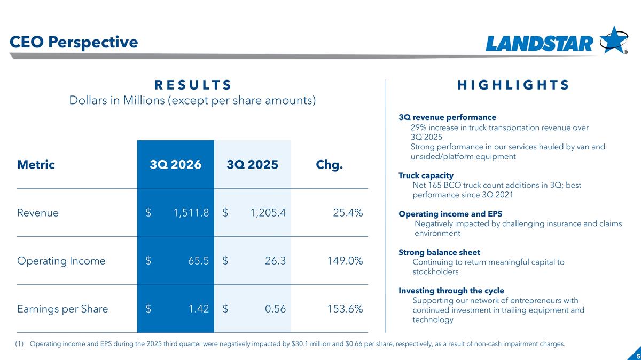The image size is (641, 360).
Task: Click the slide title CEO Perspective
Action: point(74,42)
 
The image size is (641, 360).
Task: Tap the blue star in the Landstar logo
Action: point(613,41)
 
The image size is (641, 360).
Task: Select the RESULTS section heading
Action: point(193,85)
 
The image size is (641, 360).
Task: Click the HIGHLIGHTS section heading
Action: point(513,85)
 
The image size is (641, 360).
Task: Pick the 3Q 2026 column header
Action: point(175,165)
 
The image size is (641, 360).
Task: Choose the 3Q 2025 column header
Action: point(252,165)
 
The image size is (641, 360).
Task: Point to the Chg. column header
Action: point(329,165)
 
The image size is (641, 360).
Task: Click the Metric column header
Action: point(36,165)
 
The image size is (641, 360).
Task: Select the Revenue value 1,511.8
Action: point(191,213)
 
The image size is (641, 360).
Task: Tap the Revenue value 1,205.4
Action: point(268,213)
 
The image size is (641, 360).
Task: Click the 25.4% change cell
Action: point(348,213)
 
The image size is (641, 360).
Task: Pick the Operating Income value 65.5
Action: point(198,261)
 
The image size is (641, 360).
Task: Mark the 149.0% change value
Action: point(345,261)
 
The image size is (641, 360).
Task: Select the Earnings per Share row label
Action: point(62,309)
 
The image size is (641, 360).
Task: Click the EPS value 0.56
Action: point(275,309)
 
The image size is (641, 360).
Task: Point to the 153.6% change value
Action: point(345,309)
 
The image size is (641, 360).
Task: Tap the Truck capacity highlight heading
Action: point(426,175)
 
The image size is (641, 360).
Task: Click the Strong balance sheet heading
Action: point(439,252)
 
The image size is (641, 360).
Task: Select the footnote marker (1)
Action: point(19,343)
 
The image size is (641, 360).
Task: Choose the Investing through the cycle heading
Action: point(451,291)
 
